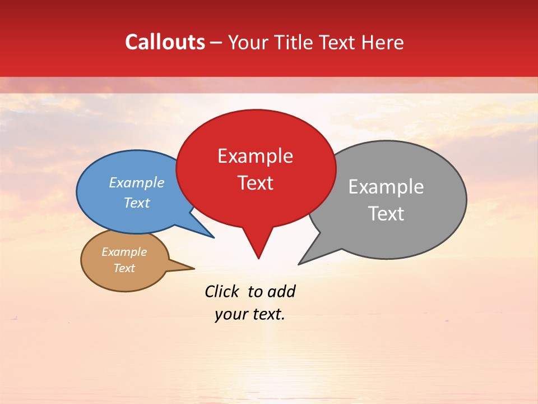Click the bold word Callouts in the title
(x=165, y=42)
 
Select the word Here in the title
(x=382, y=42)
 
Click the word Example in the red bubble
(x=255, y=156)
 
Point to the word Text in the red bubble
(x=255, y=183)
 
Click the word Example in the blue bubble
(x=136, y=182)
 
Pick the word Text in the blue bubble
(x=136, y=203)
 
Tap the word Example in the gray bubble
(x=386, y=186)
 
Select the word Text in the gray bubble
(x=386, y=213)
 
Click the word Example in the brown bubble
(x=124, y=252)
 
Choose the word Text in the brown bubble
(x=124, y=268)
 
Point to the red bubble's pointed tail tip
(x=258, y=258)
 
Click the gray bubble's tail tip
(x=299, y=264)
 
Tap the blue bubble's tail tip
(x=214, y=237)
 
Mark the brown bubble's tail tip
(x=194, y=268)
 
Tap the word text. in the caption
(x=267, y=314)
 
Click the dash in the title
(x=216, y=43)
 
